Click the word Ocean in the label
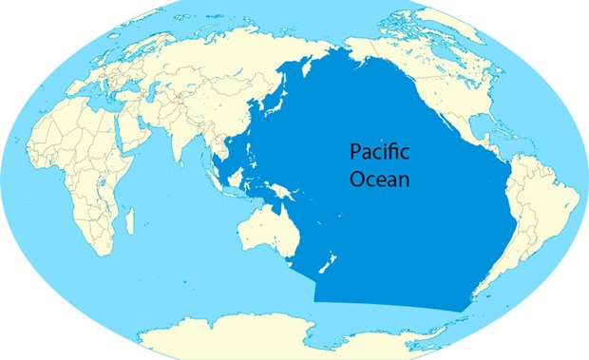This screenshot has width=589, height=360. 379,178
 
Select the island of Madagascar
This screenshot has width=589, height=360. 130,220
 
